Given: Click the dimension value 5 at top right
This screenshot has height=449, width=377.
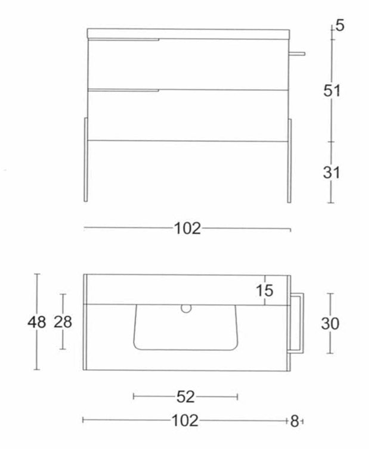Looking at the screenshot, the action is [x=339, y=26].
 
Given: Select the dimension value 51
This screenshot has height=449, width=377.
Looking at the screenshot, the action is [x=332, y=91].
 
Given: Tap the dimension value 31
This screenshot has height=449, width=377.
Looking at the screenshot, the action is [x=332, y=173].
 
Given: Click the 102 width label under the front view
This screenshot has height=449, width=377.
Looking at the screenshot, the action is [x=188, y=229].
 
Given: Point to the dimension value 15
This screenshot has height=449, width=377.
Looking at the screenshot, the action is [x=264, y=291].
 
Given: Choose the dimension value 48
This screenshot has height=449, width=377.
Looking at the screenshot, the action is [x=37, y=322].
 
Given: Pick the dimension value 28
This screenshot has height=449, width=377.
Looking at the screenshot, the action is [x=63, y=322].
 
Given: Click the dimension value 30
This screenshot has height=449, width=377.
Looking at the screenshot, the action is [x=330, y=323].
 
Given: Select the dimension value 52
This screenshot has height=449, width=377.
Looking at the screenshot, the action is [x=186, y=397].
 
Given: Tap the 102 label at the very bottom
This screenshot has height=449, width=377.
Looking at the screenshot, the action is [x=185, y=420].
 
